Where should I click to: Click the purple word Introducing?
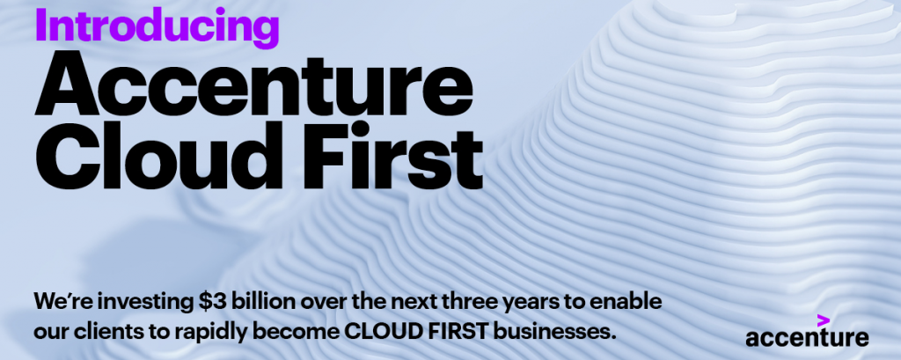pyautogui.click(x=157, y=26)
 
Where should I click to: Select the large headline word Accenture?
pyautogui.click(x=253, y=85)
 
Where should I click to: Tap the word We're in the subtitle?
pyautogui.click(x=78, y=301)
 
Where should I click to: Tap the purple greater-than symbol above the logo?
pyautogui.click(x=824, y=321)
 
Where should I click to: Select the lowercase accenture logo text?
pyautogui.click(x=807, y=338)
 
